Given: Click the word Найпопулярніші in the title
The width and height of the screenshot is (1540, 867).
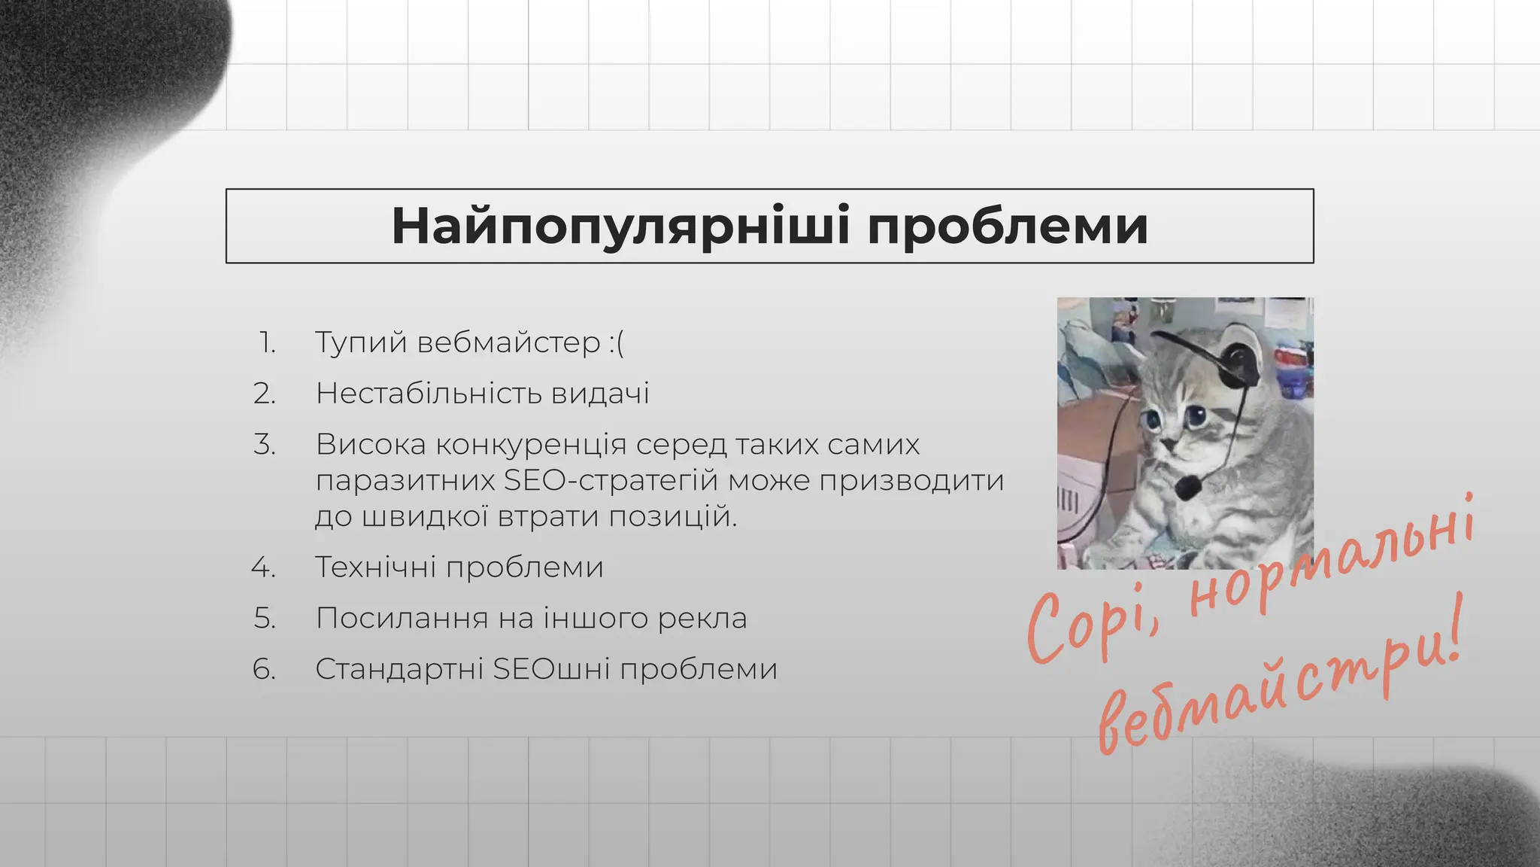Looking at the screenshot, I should click(x=620, y=226).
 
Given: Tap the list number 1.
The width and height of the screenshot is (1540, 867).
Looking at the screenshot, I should click(x=268, y=342).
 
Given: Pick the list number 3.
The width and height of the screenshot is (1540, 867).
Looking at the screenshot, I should click(x=265, y=444).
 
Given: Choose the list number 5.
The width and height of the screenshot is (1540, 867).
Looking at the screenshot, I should click(x=265, y=618).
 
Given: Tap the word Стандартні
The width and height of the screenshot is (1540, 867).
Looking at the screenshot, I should click(x=399, y=669).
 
